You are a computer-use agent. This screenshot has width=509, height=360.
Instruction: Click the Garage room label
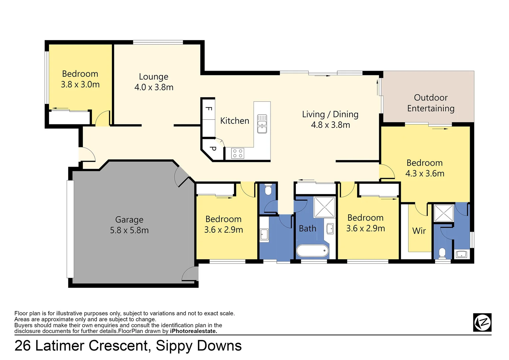[129, 220]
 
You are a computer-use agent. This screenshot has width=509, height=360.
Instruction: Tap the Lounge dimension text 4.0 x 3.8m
[154, 87]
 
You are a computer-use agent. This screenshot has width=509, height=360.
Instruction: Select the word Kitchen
[235, 121]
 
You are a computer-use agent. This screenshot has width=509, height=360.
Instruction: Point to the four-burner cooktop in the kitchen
[238, 153]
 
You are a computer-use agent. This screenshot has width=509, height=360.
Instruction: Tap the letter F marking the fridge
[209, 109]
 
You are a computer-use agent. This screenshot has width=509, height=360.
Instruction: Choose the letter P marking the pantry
[213, 149]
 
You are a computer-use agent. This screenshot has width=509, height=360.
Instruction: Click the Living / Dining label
[330, 114]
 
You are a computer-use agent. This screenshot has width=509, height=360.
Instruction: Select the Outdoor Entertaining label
[430, 103]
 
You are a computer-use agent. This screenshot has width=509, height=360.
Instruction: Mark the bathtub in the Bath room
[312, 251]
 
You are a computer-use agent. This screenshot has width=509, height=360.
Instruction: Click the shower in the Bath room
[324, 207]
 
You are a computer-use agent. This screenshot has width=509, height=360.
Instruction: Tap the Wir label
[419, 231]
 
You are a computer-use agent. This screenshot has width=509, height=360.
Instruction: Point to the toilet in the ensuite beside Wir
[442, 253]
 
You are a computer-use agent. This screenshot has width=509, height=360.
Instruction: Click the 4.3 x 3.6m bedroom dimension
[425, 174]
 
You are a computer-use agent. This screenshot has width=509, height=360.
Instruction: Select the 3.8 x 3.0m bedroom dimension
[80, 85]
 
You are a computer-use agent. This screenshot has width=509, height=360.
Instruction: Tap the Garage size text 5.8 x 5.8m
[129, 230]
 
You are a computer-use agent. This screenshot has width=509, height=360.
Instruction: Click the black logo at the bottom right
[482, 322]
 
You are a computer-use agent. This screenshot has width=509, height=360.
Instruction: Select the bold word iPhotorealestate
[194, 331]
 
